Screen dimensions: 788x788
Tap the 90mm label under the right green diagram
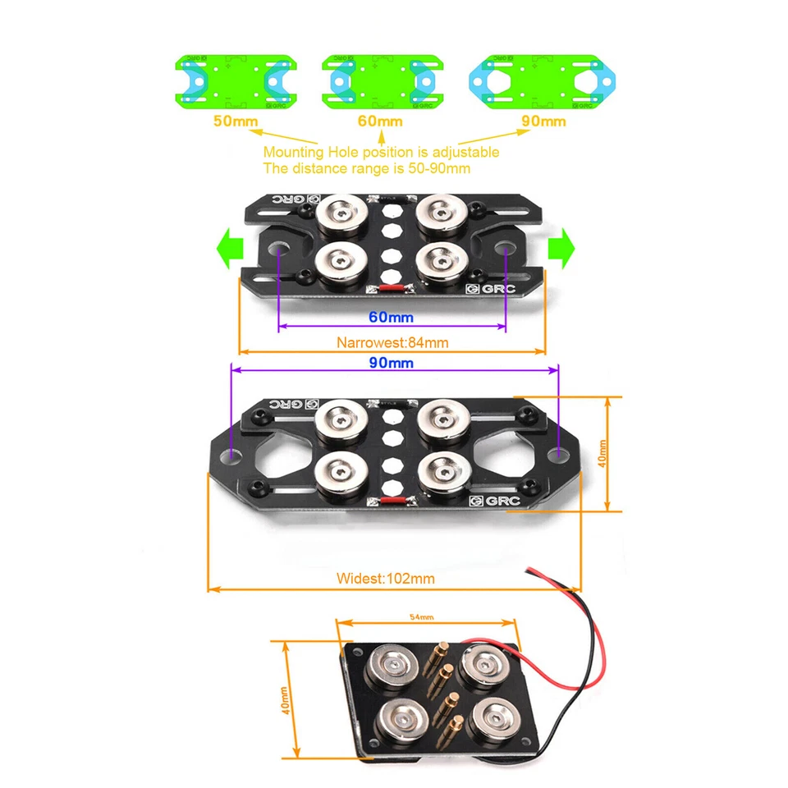tap(544, 121)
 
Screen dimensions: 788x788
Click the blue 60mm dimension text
tap(391, 317)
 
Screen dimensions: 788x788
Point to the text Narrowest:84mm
tap(392, 343)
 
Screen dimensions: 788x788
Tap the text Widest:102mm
tap(386, 579)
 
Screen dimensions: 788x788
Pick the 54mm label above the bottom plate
tap(422, 616)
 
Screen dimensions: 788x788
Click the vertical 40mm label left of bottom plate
tap(285, 699)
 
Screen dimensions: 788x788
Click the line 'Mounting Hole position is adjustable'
tap(381, 152)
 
